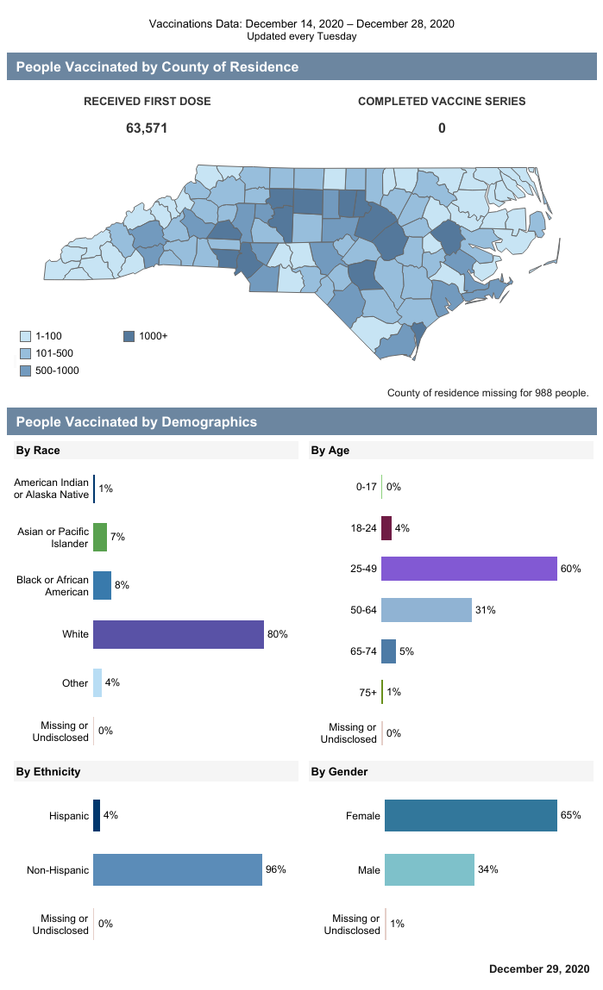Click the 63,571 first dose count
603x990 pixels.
(x=147, y=128)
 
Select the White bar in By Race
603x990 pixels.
(x=178, y=634)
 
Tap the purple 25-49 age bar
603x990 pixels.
(x=468, y=569)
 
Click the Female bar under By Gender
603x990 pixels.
(x=470, y=815)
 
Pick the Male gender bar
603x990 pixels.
(x=429, y=869)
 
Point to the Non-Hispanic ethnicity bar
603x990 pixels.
(x=177, y=869)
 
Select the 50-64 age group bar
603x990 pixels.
(x=426, y=610)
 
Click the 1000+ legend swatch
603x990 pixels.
(x=129, y=336)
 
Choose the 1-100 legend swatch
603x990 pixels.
(x=26, y=336)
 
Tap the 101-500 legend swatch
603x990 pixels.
(x=26, y=353)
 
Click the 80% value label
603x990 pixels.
(x=277, y=634)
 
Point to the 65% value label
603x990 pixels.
(x=570, y=815)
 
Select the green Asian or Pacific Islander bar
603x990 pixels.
(x=100, y=537)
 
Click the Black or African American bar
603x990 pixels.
(x=102, y=585)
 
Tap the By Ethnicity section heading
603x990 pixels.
(x=48, y=771)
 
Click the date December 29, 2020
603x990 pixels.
(x=539, y=969)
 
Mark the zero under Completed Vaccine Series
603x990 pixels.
(x=442, y=128)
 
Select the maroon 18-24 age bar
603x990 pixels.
(x=386, y=528)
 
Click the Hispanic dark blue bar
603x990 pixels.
(x=97, y=815)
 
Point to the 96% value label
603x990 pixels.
(x=275, y=869)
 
